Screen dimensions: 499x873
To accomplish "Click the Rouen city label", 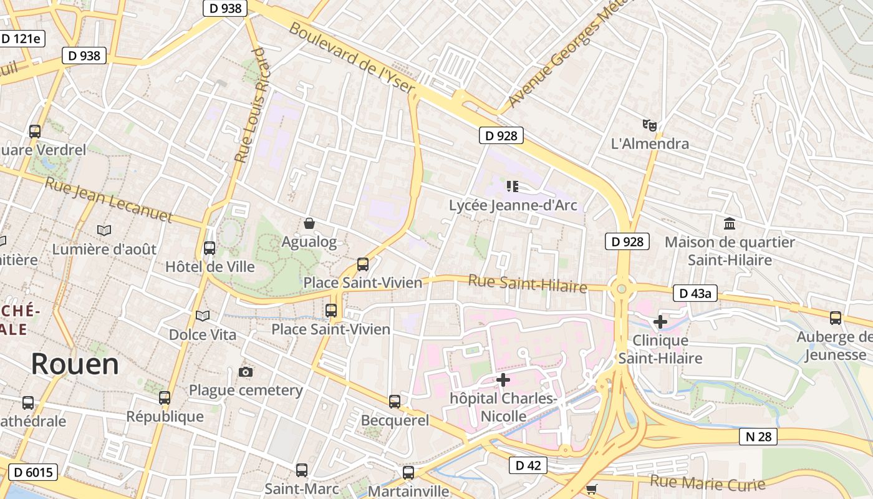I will click(x=75, y=364).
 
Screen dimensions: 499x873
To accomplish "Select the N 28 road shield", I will click(x=759, y=437).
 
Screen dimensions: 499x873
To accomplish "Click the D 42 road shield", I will click(x=528, y=465).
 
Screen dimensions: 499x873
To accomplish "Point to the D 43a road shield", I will click(x=695, y=293).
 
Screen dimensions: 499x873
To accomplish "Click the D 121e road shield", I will click(x=21, y=39).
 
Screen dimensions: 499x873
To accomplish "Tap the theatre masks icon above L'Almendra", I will click(x=650, y=125).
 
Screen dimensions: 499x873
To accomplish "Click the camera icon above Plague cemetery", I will click(x=246, y=372).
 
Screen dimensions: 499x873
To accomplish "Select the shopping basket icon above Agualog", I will click(x=309, y=223).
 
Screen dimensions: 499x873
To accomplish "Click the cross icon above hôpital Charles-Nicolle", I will click(x=503, y=379).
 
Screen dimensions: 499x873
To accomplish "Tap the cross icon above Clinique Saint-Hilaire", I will click(x=660, y=322).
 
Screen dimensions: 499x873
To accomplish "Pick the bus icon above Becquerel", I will click(x=395, y=402).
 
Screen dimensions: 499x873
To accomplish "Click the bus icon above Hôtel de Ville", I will click(x=210, y=248).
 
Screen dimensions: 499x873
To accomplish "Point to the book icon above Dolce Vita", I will click(x=203, y=316).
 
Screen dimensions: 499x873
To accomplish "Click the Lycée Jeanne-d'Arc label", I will click(x=513, y=205).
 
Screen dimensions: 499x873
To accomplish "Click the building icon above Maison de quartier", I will click(x=729, y=223).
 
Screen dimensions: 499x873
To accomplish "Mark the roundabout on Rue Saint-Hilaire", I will click(x=622, y=289).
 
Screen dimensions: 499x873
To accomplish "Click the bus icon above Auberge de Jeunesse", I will click(x=836, y=318).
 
